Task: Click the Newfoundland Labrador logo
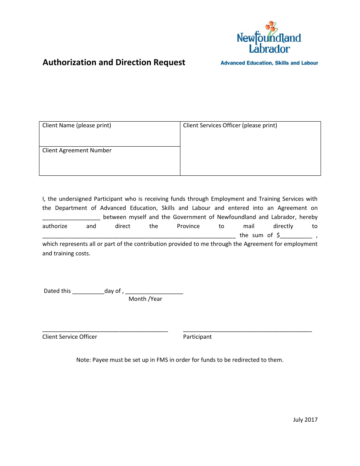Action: (x=269, y=38)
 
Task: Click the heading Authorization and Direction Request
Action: (x=114, y=63)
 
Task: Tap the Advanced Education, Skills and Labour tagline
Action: (x=269, y=63)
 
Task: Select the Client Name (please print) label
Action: (x=77, y=125)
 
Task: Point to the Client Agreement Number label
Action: (x=77, y=150)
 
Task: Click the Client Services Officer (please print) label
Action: (x=230, y=125)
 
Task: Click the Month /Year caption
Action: (x=145, y=299)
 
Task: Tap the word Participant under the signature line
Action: (x=197, y=337)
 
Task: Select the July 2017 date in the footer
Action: (x=305, y=419)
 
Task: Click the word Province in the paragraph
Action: (x=188, y=226)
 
